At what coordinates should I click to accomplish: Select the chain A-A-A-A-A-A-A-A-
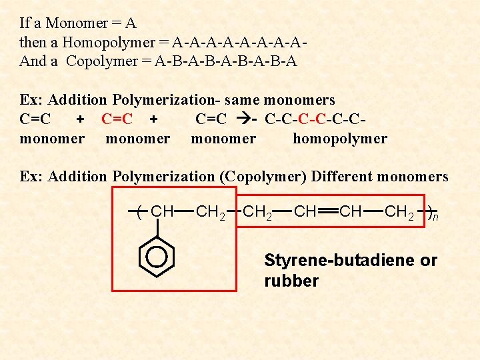(239, 43)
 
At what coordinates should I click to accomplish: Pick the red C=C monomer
(117, 119)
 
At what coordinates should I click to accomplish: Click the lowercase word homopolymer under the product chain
(340, 139)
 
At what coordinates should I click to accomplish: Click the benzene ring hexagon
(156, 255)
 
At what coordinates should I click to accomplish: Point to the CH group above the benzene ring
(162, 212)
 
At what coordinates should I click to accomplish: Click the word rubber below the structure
(291, 281)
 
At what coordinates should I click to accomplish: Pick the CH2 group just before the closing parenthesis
(400, 212)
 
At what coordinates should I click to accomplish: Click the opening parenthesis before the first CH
(138, 213)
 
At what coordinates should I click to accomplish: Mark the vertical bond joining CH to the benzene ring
(155, 228)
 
